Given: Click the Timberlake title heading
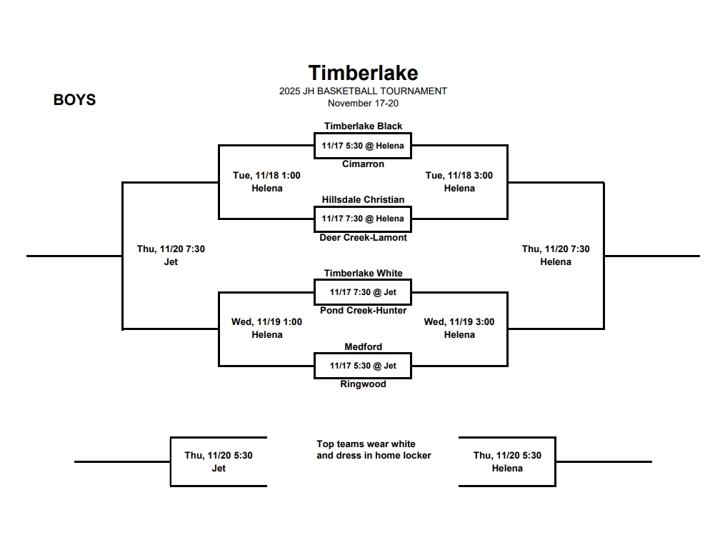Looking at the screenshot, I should (x=363, y=73).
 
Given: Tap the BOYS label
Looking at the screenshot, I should (x=74, y=100).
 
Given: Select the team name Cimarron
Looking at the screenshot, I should (x=363, y=164).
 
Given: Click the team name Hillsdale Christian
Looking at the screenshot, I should (x=363, y=200).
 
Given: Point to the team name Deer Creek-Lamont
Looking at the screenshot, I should (x=363, y=238).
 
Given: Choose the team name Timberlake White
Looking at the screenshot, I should (x=363, y=274).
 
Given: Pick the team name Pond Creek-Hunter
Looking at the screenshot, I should (x=363, y=311).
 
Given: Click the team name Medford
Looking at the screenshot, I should (x=363, y=347).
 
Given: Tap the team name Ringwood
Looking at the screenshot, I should (x=363, y=384).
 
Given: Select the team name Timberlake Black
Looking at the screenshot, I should (x=363, y=126).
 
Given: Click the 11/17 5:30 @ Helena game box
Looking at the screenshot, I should (x=363, y=146).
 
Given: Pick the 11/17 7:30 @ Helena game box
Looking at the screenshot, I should (x=363, y=219).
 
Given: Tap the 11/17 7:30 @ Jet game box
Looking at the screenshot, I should (x=363, y=292).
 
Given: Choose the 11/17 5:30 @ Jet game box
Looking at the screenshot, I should (x=363, y=366).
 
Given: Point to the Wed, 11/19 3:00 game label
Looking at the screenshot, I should (x=459, y=322).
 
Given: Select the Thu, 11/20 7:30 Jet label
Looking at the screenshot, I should (x=171, y=256).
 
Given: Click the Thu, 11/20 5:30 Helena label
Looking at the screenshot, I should (x=507, y=461).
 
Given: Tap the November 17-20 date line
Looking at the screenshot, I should (x=363, y=103).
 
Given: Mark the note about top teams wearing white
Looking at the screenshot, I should (x=374, y=449).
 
